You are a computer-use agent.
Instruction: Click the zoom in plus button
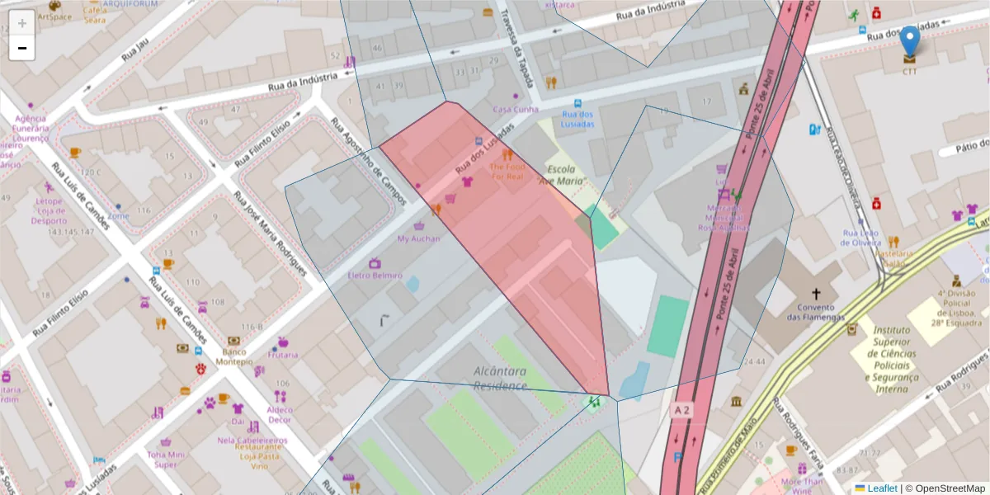point(22,22)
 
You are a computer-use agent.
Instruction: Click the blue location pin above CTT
point(909,41)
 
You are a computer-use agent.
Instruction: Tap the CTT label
point(909,72)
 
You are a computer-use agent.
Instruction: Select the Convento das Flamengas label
point(817,311)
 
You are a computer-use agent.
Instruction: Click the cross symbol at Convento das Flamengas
point(817,294)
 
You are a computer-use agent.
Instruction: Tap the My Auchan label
point(418,238)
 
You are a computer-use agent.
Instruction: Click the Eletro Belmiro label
point(375,275)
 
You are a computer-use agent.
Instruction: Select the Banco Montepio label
point(234,356)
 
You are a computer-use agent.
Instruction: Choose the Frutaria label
point(283,355)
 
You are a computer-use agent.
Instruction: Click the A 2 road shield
point(681,409)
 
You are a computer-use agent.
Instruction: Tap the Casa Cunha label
point(516,109)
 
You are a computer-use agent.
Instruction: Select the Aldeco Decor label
point(280,414)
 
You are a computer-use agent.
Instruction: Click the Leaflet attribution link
point(882,488)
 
